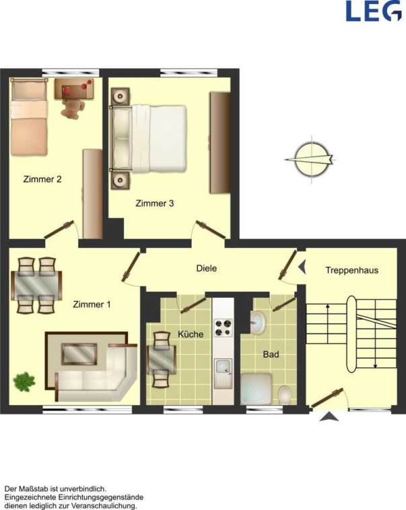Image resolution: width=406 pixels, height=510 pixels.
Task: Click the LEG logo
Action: (x=374, y=11)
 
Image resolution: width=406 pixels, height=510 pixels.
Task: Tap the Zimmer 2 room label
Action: (x=42, y=179)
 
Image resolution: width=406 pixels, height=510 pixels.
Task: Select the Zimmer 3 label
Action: (x=155, y=203)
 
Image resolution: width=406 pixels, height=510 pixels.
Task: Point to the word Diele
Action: (x=207, y=268)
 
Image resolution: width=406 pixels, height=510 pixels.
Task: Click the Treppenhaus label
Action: (x=352, y=270)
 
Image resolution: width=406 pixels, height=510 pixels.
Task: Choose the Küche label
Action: (x=191, y=334)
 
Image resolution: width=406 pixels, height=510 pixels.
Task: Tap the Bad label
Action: (x=271, y=354)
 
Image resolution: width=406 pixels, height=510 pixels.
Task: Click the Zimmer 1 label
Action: (x=92, y=305)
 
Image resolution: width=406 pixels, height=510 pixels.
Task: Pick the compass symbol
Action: (x=311, y=160)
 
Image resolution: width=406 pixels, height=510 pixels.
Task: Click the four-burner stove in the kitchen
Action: (x=223, y=328)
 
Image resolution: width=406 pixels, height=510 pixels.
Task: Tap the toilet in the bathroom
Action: (x=285, y=395)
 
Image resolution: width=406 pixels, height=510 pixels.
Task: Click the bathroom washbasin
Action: (x=258, y=322)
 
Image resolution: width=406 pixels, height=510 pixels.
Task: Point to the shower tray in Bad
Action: (x=256, y=389)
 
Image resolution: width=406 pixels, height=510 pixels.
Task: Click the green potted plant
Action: (x=24, y=382)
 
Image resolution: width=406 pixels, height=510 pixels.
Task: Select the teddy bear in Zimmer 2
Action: (x=73, y=108)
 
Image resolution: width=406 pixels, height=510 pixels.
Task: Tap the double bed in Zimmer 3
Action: (x=149, y=138)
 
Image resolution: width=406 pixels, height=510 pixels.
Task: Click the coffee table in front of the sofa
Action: (x=79, y=354)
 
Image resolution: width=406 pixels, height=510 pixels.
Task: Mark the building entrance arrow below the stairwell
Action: (x=329, y=416)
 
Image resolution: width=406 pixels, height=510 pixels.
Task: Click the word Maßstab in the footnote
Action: (x=37, y=489)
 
